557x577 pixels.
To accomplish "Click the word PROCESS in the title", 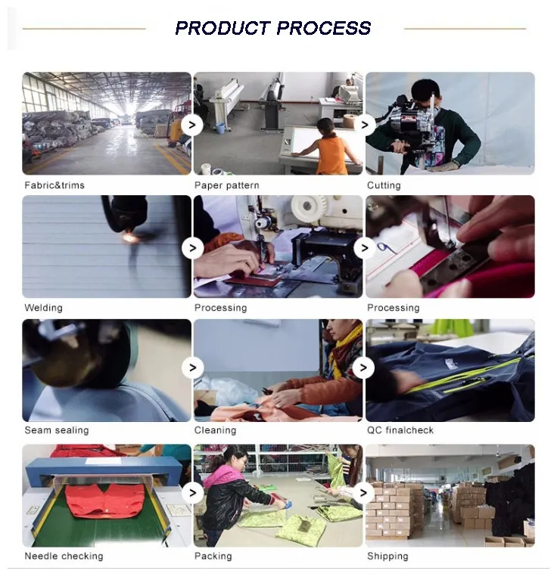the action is (324, 28).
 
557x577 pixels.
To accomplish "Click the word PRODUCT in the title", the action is (223, 28).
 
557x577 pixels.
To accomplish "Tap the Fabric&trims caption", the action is (54, 185).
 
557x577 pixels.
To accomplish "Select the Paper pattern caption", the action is (227, 185).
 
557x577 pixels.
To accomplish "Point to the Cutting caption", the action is (384, 185).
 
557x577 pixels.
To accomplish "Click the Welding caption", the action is (43, 308).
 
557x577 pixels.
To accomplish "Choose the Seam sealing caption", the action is (57, 430).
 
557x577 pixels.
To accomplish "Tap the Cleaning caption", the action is (216, 430).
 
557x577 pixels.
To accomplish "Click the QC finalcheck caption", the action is (400, 430).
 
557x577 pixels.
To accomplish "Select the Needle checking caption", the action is (64, 556).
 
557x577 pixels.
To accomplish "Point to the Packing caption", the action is (213, 556).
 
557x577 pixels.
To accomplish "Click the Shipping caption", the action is (387, 556).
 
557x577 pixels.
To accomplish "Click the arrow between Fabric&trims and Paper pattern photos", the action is (192, 125).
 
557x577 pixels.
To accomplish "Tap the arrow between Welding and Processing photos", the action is (192, 248).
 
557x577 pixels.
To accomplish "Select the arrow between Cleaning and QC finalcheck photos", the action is (363, 368).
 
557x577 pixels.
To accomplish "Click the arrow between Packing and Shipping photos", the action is (363, 493).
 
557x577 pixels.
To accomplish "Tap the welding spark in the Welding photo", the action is (129, 237).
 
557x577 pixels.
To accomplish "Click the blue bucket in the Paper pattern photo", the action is (220, 128).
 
